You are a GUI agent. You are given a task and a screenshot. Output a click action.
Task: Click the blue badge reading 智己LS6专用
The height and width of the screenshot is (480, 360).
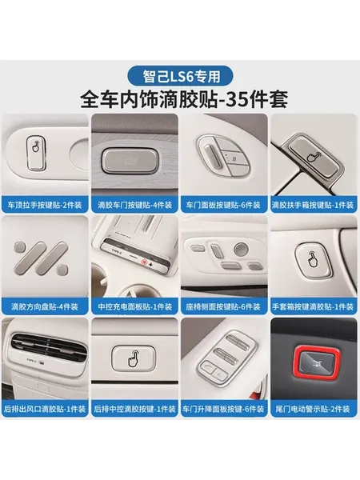pyautogui.click(x=180, y=77)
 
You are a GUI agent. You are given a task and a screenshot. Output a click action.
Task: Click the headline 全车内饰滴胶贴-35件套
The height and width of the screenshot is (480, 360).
pyautogui.click(x=184, y=99)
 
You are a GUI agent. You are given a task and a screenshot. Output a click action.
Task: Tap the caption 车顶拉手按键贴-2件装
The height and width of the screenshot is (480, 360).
pyautogui.click(x=45, y=205)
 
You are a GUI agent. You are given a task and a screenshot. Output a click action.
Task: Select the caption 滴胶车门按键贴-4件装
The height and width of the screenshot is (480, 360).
pyautogui.click(x=134, y=205)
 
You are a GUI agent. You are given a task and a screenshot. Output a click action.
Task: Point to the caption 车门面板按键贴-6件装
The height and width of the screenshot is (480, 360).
pyautogui.click(x=223, y=205)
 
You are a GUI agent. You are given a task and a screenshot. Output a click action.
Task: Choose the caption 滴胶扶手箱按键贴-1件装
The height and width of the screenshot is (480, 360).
pyautogui.click(x=313, y=205)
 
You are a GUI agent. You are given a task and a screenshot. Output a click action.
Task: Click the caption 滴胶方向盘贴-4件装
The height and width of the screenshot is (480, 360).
pyautogui.click(x=45, y=306)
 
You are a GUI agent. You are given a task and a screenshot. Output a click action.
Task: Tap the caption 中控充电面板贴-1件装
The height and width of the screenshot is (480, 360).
pyautogui.click(x=134, y=306)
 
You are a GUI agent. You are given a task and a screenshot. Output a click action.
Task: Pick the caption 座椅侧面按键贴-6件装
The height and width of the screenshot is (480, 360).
pyautogui.click(x=223, y=306)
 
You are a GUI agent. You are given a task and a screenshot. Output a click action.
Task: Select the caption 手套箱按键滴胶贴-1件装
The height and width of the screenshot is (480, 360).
pyautogui.click(x=313, y=306)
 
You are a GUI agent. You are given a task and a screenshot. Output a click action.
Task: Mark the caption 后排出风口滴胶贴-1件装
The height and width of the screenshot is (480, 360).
pyautogui.click(x=45, y=409)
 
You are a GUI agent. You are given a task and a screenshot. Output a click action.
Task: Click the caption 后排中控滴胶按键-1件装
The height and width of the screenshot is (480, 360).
pyautogui.click(x=134, y=409)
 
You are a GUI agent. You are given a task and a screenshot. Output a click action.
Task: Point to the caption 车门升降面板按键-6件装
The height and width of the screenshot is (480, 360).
pyautogui.click(x=223, y=409)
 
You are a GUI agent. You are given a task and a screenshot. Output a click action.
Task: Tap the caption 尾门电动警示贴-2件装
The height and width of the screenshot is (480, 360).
pyautogui.click(x=313, y=409)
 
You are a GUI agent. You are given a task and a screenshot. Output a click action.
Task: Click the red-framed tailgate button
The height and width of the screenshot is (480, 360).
pyautogui.click(x=315, y=364)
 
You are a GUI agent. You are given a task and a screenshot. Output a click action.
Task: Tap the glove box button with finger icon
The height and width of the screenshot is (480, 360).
pyautogui.click(x=313, y=259)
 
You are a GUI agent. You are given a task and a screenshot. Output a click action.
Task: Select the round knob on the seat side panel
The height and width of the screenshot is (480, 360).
pyautogui.click(x=241, y=250)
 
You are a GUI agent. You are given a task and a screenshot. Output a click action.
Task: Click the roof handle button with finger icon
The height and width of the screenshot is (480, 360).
pyautogui.click(x=36, y=153)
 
